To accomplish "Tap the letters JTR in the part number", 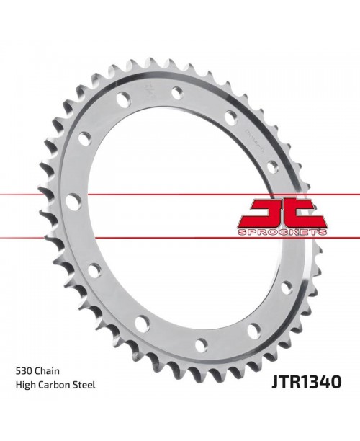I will (x=286, y=378).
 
